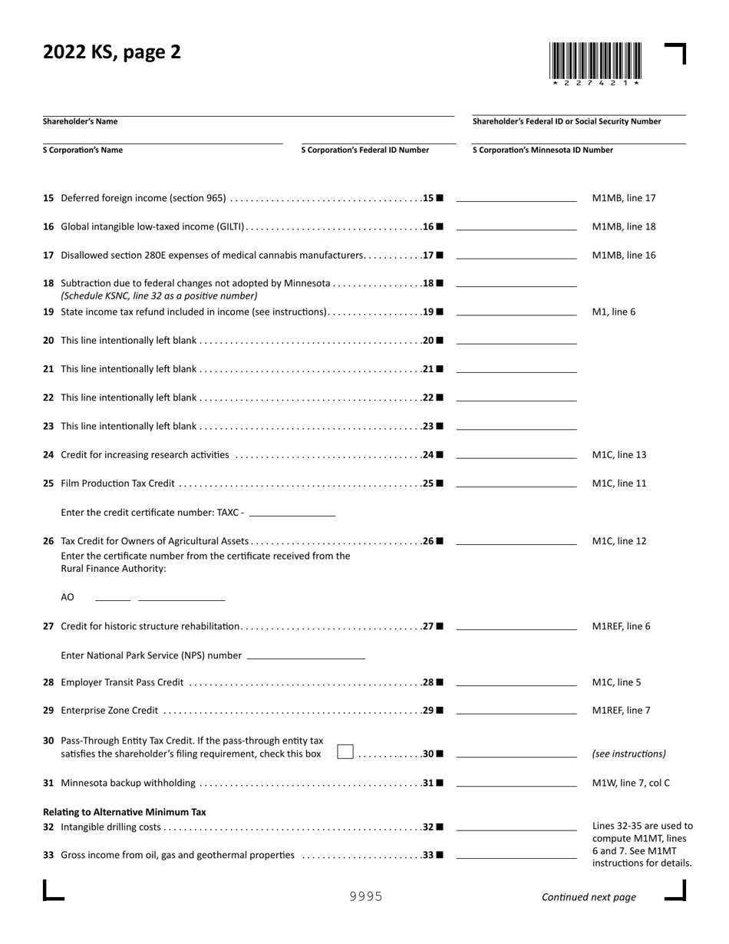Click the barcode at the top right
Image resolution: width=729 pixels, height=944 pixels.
point(595,61)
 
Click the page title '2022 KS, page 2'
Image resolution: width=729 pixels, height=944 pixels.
point(112,52)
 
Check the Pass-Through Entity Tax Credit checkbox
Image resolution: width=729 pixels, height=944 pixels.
point(345,752)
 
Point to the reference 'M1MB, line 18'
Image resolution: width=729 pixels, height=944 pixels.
point(624,227)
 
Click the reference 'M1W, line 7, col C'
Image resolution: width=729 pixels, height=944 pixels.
point(631,783)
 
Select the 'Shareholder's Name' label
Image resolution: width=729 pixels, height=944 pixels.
point(81,121)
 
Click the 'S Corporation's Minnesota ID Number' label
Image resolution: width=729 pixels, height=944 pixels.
point(543,150)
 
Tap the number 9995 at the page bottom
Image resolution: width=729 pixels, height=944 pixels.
point(366,896)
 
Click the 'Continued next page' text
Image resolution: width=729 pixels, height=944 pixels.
point(589,897)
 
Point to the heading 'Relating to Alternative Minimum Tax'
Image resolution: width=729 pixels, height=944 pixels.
point(124,811)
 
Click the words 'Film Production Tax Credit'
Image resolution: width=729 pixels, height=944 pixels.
point(117,484)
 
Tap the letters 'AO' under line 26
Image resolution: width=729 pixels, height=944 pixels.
point(68,597)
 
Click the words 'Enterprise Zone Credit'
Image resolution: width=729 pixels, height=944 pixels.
point(110,711)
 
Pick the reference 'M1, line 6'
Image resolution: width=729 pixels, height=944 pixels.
point(614,312)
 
